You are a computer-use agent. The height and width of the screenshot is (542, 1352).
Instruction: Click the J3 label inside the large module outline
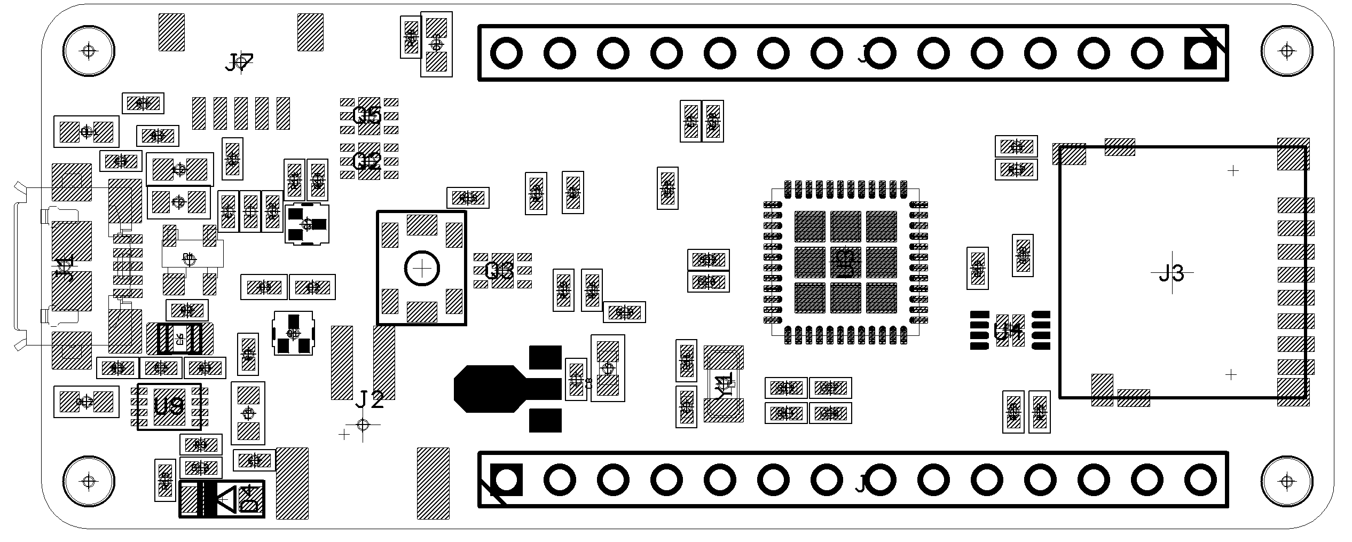pos(1172,273)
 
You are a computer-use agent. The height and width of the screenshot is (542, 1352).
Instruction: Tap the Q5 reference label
pos(368,115)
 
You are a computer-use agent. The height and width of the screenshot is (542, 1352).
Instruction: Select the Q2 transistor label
pos(368,161)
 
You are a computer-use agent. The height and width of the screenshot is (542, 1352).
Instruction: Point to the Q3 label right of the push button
pos(500,271)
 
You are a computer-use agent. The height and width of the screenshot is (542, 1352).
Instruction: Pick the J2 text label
pos(370,399)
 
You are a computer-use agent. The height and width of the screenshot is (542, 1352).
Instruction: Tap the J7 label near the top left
pos(239,63)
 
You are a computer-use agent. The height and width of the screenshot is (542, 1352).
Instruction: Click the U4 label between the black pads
pos(1009,331)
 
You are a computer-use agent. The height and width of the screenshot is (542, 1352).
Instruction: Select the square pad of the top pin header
pos(1200,53)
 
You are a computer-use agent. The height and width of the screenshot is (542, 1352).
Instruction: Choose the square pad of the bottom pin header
pos(506,480)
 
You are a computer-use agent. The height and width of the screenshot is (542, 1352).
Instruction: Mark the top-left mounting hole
pos(89,51)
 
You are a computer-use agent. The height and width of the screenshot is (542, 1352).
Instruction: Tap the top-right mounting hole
pos(1287,51)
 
